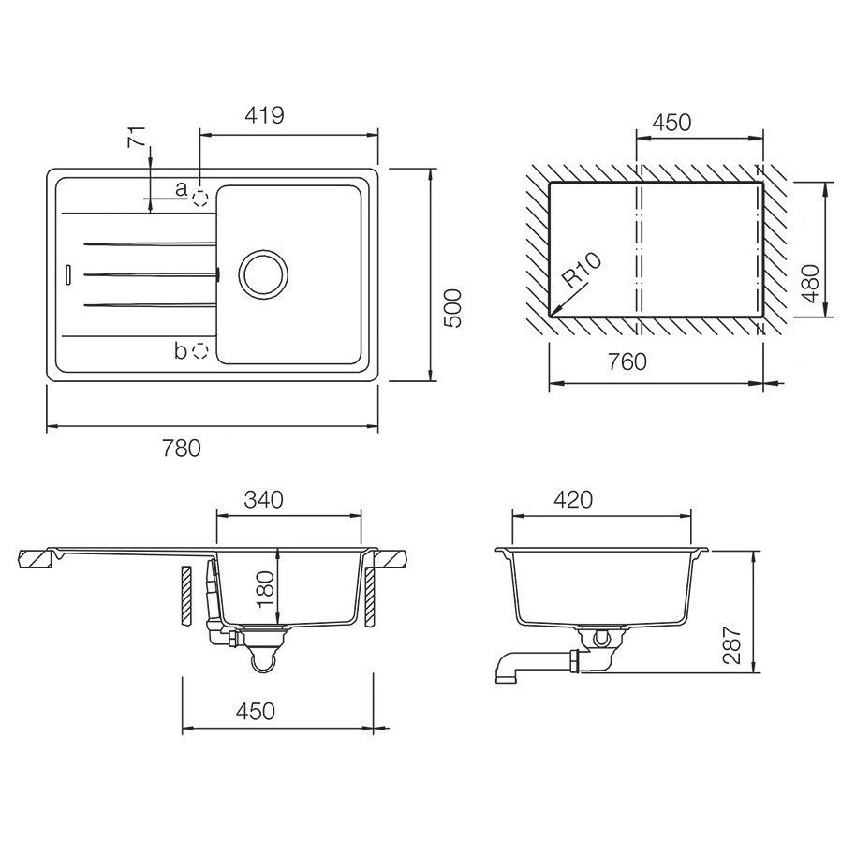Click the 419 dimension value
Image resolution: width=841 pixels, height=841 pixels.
pyautogui.click(x=264, y=115)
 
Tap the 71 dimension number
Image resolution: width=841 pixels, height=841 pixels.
pyautogui.click(x=137, y=138)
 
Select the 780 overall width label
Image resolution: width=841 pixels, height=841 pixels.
pyautogui.click(x=182, y=449)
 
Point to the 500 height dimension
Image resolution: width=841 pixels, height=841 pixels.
pyautogui.click(x=452, y=308)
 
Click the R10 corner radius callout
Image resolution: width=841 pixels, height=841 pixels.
pyautogui.click(x=582, y=271)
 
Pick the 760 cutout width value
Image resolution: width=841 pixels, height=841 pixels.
pyautogui.click(x=627, y=361)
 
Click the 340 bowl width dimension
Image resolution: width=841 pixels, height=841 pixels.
pyautogui.click(x=263, y=499)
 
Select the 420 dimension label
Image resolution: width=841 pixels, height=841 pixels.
pyautogui.click(x=573, y=499)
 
